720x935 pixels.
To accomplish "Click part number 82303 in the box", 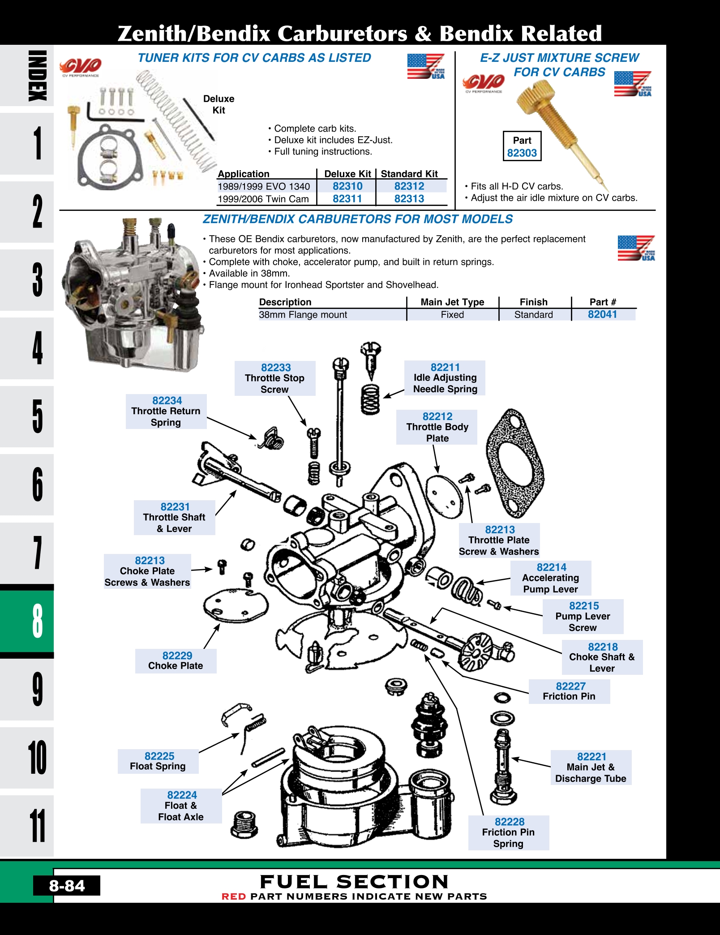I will coord(522,153).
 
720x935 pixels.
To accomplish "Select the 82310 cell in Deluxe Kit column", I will coord(347,186).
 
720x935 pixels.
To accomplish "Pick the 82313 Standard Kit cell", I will coord(409,199).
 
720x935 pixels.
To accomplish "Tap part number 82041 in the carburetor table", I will coord(602,314).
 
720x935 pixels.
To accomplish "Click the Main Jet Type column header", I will coord(452,302).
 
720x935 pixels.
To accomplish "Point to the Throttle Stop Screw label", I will coord(274,378).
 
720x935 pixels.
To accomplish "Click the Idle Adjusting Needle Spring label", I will coord(445,378).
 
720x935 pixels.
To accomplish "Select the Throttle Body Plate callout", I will coord(437,427).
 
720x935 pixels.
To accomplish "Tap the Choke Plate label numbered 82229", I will coord(176,661).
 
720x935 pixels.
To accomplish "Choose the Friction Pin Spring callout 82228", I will coord(509,833).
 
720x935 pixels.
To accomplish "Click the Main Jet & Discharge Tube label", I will coord(591,768).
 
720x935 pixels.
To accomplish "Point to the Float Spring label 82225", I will coord(158,761).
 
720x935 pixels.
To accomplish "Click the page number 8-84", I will coord(67,885).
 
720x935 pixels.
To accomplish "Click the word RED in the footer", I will coord(234,896).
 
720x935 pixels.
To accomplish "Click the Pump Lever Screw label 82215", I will coord(583,617).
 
